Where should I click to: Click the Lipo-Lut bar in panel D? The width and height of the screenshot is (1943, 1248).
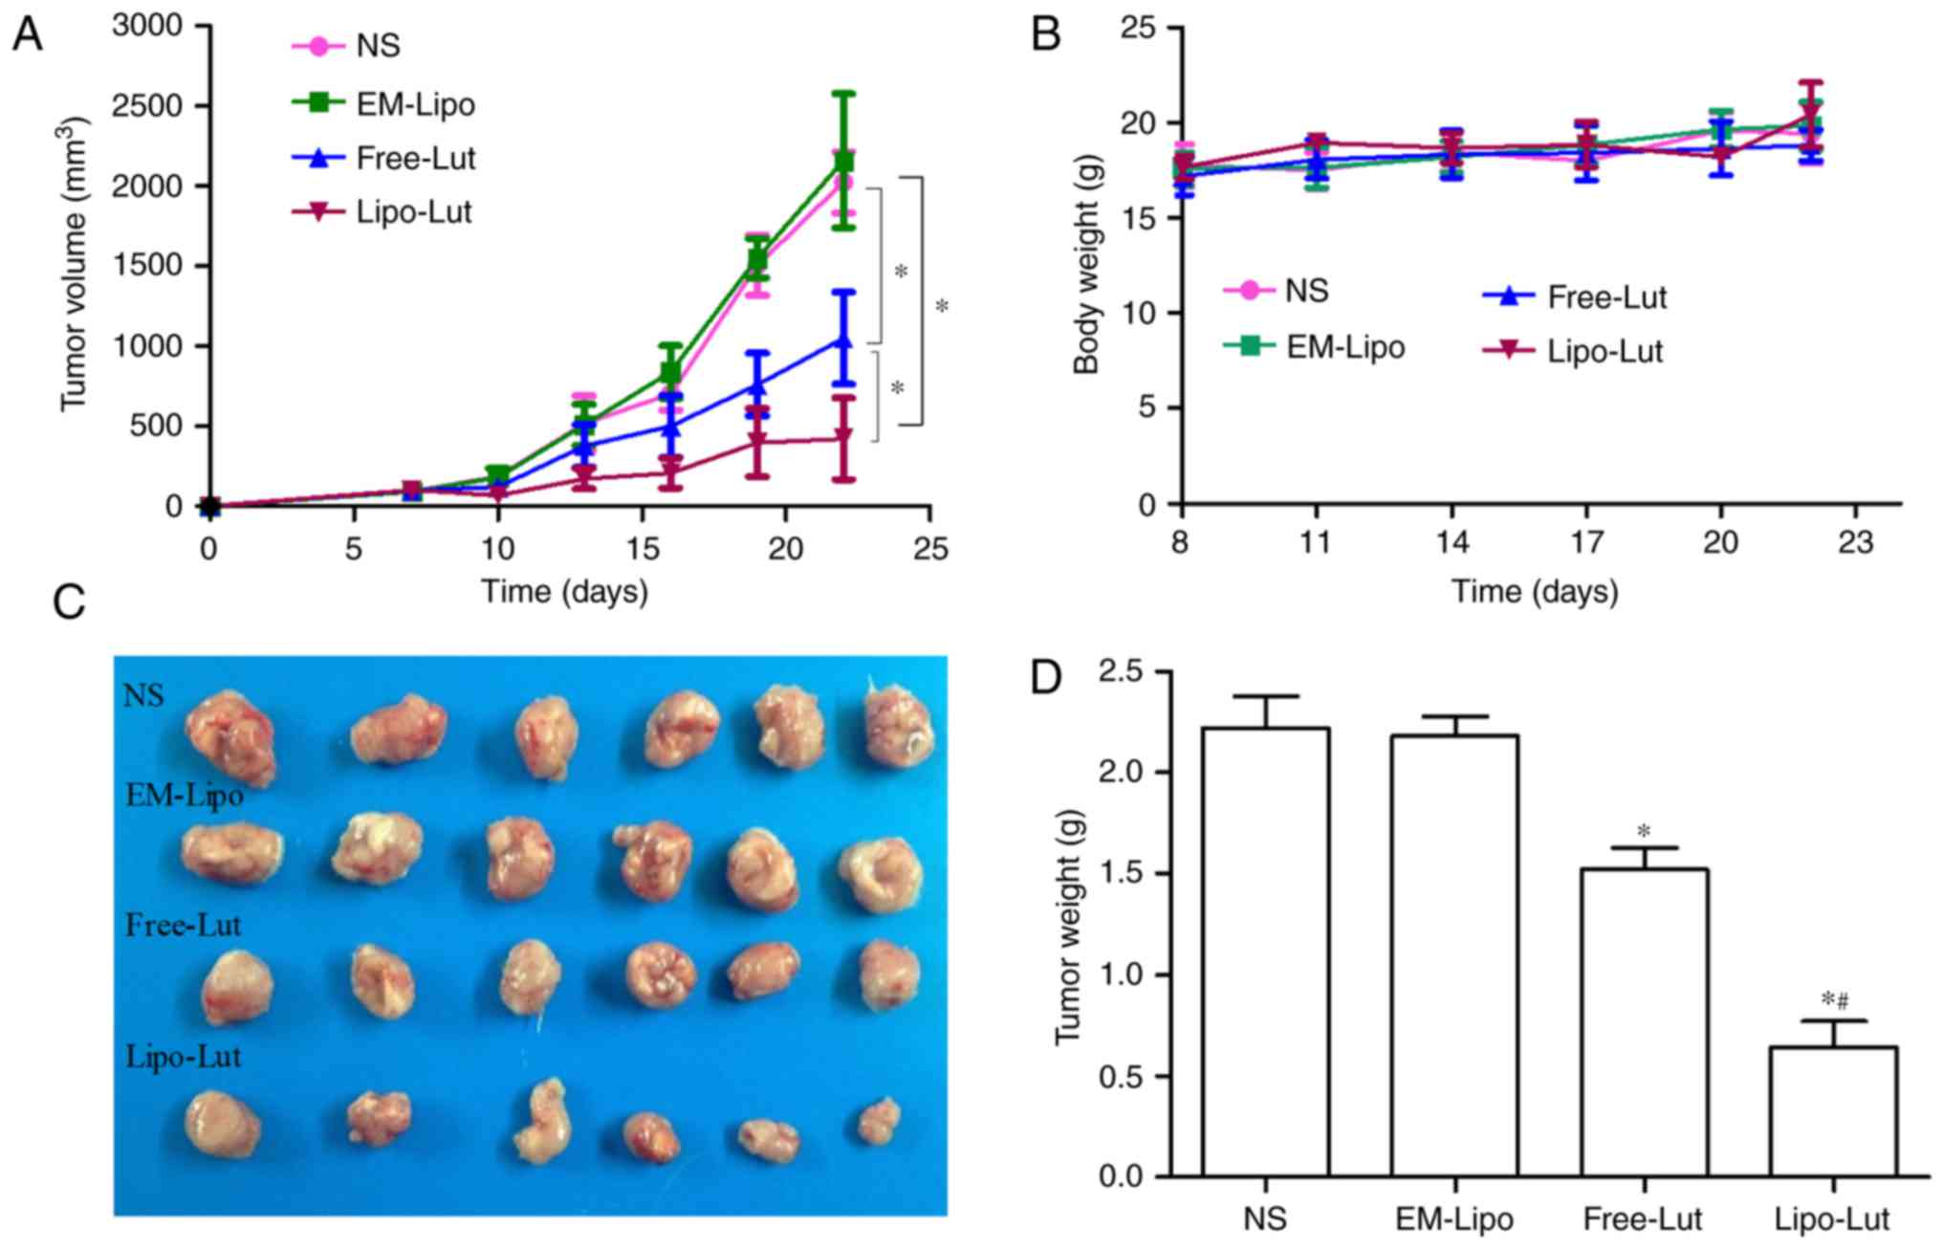tap(1833, 1111)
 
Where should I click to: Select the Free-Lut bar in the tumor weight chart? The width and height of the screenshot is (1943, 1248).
tap(1644, 1022)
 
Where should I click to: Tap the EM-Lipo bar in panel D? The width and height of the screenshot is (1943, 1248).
tap(1454, 955)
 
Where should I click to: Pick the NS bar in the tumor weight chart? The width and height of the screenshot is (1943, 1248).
tap(1265, 952)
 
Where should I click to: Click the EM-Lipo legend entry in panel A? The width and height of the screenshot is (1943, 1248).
tap(382, 103)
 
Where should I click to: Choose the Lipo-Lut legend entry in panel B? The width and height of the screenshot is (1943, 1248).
tap(1573, 351)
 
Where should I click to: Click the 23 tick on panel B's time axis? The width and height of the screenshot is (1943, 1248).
tap(1856, 543)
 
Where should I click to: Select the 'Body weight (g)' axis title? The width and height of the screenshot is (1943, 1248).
tap(1087, 265)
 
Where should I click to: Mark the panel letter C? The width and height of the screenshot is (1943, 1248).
tap(69, 603)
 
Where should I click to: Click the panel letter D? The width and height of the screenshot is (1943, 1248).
tap(1044, 678)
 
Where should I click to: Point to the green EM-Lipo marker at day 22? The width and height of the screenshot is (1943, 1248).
tap(843, 163)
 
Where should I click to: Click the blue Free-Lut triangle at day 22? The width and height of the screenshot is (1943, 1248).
tap(843, 341)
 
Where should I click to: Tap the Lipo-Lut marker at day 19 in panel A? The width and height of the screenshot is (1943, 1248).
tap(757, 442)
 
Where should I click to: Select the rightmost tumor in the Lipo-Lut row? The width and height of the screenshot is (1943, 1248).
tap(879, 1121)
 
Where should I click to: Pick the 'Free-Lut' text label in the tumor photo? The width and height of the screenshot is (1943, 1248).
tap(184, 925)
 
